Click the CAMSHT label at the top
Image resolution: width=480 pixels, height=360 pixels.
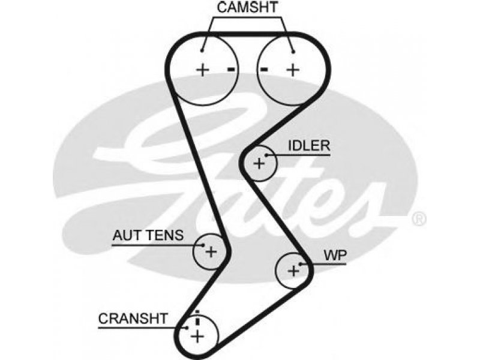[x=247, y=7]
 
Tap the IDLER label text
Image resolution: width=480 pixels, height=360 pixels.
[x=309, y=146]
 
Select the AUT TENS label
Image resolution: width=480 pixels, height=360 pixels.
[x=148, y=235]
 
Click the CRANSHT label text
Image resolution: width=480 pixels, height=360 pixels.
[x=133, y=319]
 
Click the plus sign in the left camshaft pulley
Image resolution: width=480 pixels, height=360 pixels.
[x=202, y=70]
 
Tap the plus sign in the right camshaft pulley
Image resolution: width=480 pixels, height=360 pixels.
[x=293, y=70]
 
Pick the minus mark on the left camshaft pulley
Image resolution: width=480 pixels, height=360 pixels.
[x=231, y=70]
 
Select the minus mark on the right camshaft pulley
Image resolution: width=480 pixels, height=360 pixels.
[x=264, y=70]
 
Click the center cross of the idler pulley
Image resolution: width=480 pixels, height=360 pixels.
[x=259, y=163]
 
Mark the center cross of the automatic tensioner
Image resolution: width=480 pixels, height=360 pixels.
[x=211, y=252]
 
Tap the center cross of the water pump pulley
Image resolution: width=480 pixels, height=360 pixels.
[x=293, y=271]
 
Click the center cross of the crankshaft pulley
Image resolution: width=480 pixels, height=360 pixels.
[x=197, y=337]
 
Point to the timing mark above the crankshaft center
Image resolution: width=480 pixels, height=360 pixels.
[x=197, y=317]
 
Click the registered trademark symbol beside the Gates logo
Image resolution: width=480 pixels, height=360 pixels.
[x=419, y=219]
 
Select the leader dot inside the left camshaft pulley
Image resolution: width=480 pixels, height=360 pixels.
[x=202, y=51]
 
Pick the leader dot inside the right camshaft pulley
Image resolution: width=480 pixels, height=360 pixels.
[x=293, y=52]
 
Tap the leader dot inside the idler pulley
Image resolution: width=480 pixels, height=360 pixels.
[x=266, y=155]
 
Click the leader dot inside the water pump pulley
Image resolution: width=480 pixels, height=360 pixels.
[x=301, y=264]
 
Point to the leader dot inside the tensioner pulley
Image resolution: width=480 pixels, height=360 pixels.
[x=203, y=245]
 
